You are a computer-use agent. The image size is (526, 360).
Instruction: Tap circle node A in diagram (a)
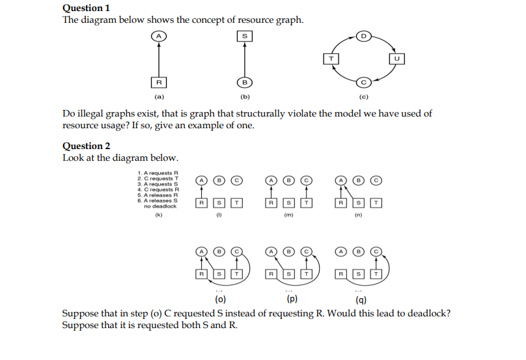coord(158,36)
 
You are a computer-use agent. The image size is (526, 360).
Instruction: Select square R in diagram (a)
coord(158,82)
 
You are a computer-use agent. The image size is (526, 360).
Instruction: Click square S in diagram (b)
coord(244,36)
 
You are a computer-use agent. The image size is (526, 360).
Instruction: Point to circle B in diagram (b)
coord(244,82)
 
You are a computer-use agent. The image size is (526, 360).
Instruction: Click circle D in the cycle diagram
coord(364,35)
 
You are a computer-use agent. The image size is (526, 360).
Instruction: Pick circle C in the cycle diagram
coord(364,82)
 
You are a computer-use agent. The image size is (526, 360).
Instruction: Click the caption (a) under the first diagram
coord(158,97)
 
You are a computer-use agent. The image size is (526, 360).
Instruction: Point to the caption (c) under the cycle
coord(364,97)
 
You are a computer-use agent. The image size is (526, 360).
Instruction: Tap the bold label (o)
coord(221,300)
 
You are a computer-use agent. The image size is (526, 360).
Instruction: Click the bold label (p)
coord(292,300)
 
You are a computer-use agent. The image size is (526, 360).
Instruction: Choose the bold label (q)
coord(361,300)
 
